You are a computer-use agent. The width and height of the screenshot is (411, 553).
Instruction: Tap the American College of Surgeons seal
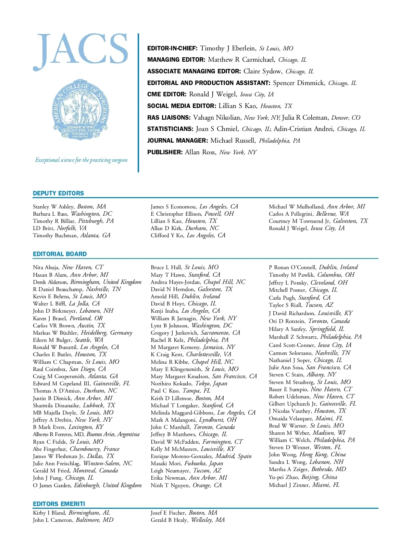point(81,109)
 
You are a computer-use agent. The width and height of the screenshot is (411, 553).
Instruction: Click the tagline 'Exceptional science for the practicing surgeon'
point(81,160)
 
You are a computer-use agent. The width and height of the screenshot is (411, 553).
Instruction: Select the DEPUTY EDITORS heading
point(58,193)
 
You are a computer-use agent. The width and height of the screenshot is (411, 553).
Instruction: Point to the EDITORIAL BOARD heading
point(60,254)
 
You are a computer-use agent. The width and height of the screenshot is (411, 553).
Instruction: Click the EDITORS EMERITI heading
point(59,504)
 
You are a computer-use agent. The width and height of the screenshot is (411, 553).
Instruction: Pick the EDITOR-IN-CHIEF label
point(172,48)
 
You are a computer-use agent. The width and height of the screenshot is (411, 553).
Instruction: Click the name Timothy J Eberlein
point(227,48)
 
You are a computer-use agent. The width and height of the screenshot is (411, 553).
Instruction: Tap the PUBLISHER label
point(165,152)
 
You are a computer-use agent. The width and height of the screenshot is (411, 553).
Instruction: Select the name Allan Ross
point(200,152)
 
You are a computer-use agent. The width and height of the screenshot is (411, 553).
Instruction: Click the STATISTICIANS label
point(170,129)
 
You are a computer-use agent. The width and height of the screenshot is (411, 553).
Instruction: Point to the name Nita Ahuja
point(46,267)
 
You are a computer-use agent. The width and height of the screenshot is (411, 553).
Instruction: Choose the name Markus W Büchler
point(55,333)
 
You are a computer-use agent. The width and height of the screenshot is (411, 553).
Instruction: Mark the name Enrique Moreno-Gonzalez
point(182,456)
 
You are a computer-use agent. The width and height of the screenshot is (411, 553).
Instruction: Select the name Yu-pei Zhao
point(284,477)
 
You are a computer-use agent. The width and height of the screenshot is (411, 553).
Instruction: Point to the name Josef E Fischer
point(168,513)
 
